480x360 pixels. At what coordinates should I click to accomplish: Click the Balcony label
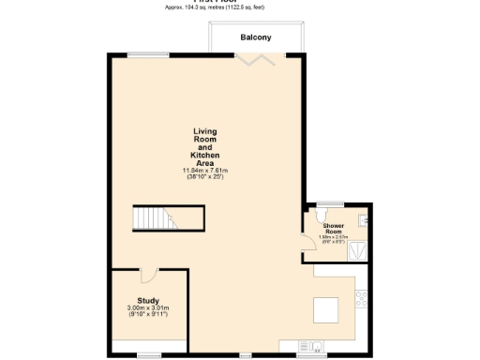click(256, 37)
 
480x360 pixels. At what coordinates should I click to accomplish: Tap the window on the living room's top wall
click(142, 54)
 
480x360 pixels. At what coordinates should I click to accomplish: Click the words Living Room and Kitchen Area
click(204, 146)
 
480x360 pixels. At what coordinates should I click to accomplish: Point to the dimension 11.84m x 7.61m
click(204, 170)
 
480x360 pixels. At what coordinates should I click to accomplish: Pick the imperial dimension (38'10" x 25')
click(204, 177)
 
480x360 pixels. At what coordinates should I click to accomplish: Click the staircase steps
click(151, 217)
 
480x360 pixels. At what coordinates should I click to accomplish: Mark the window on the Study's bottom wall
click(148, 353)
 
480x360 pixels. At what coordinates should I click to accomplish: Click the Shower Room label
click(333, 229)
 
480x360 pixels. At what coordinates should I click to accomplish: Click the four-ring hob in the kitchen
click(361, 299)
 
